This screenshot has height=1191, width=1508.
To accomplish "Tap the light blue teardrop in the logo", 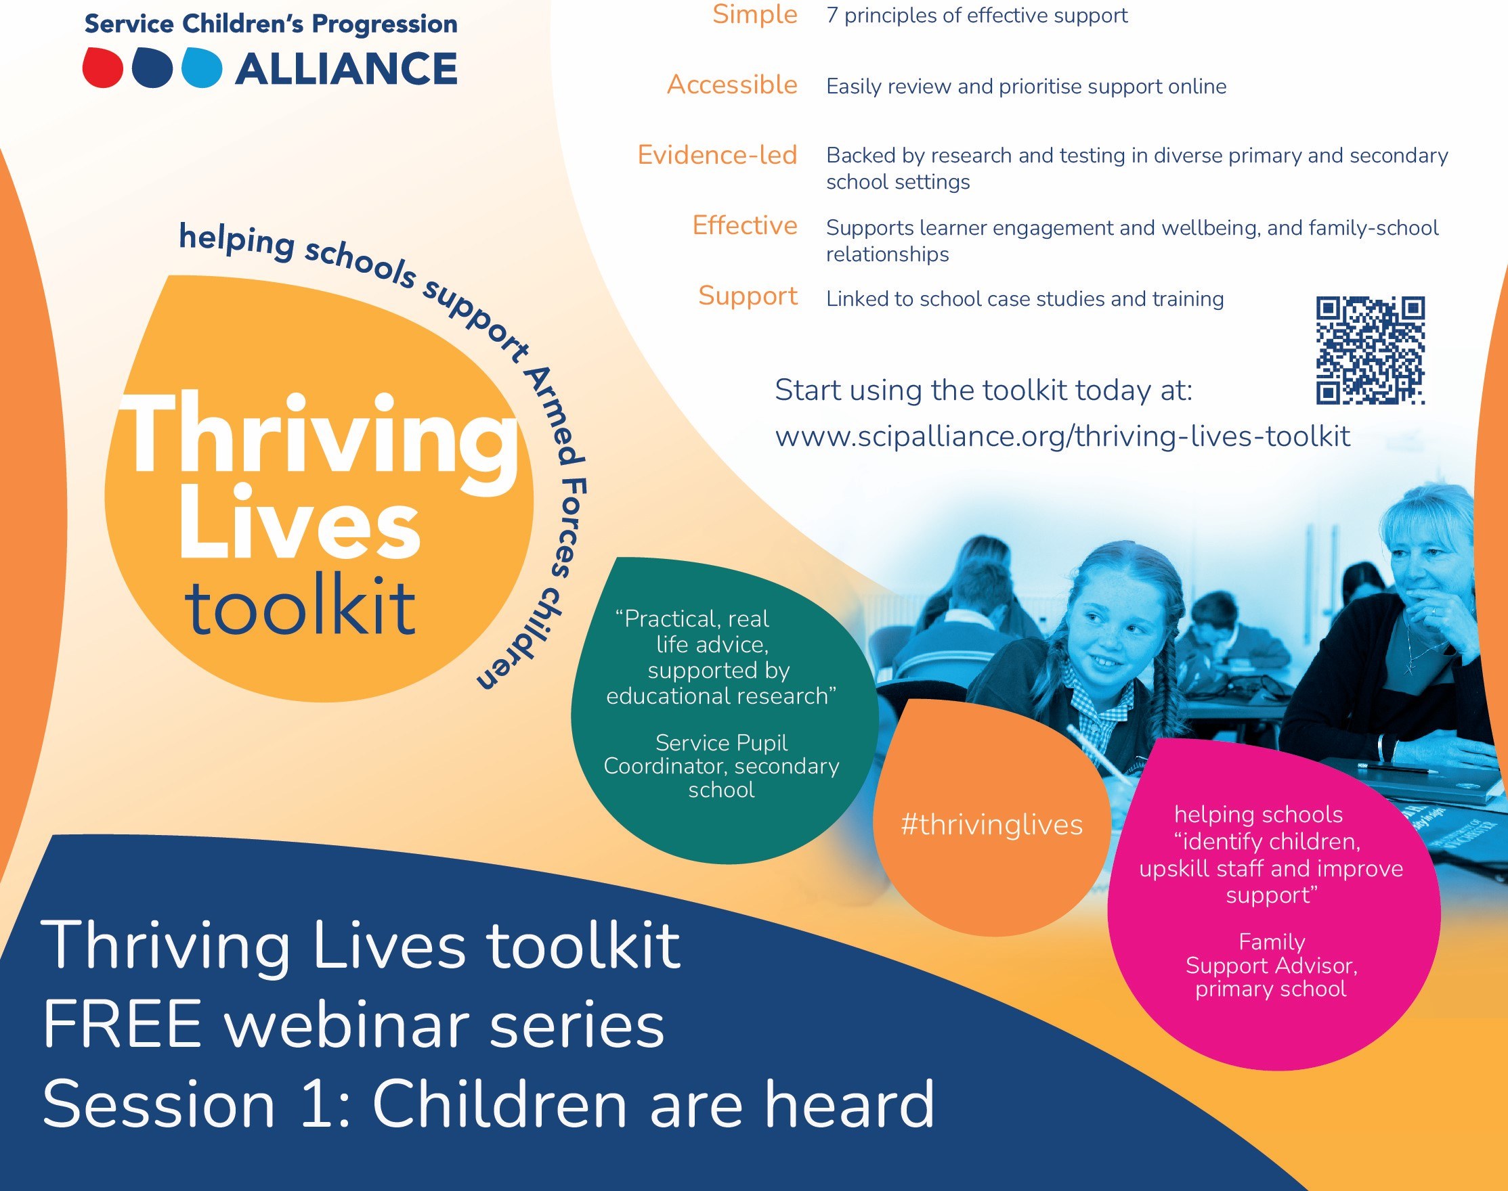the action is coord(202,68).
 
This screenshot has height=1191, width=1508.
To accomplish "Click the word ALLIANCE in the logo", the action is coord(346,69).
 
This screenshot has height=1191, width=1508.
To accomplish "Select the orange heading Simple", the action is coord(754,14).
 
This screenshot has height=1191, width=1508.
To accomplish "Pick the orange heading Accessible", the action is coord(732,85).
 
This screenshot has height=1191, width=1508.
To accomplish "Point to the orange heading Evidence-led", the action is coord(717,155).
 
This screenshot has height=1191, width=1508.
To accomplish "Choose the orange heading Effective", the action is coord(745,225).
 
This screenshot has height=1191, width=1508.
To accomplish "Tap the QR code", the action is coord(1371,351).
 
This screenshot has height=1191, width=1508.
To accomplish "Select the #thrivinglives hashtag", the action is coord(991,825).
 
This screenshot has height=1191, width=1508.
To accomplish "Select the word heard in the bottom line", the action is coord(849,1103).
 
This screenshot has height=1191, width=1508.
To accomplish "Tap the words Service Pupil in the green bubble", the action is coord(722,743).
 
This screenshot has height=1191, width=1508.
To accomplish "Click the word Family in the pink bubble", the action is coord(1272,942).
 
